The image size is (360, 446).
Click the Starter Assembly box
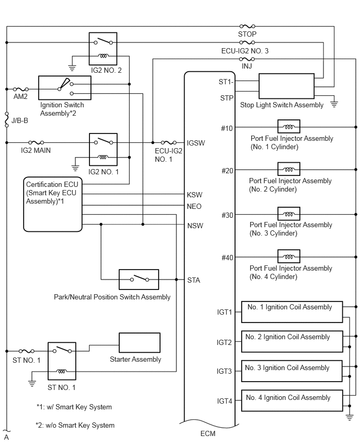pos(140,343)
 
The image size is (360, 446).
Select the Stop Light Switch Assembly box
pos(288,86)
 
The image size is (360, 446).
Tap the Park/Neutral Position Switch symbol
pos(139,279)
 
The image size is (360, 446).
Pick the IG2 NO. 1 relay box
pos(103,148)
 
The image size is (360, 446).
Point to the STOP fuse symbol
pos(247,26)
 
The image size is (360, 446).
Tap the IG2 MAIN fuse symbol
pos(36,142)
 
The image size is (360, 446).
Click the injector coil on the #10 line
pos(288,127)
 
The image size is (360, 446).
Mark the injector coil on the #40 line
pos(288,257)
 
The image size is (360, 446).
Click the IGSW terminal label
pos(195,142)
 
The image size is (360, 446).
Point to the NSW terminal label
pos(195,226)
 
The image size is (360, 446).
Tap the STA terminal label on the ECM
pos(194,280)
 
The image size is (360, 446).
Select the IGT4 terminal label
pos(224,401)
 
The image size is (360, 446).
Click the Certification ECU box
pos(53,204)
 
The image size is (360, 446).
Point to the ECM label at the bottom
pos(207,434)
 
